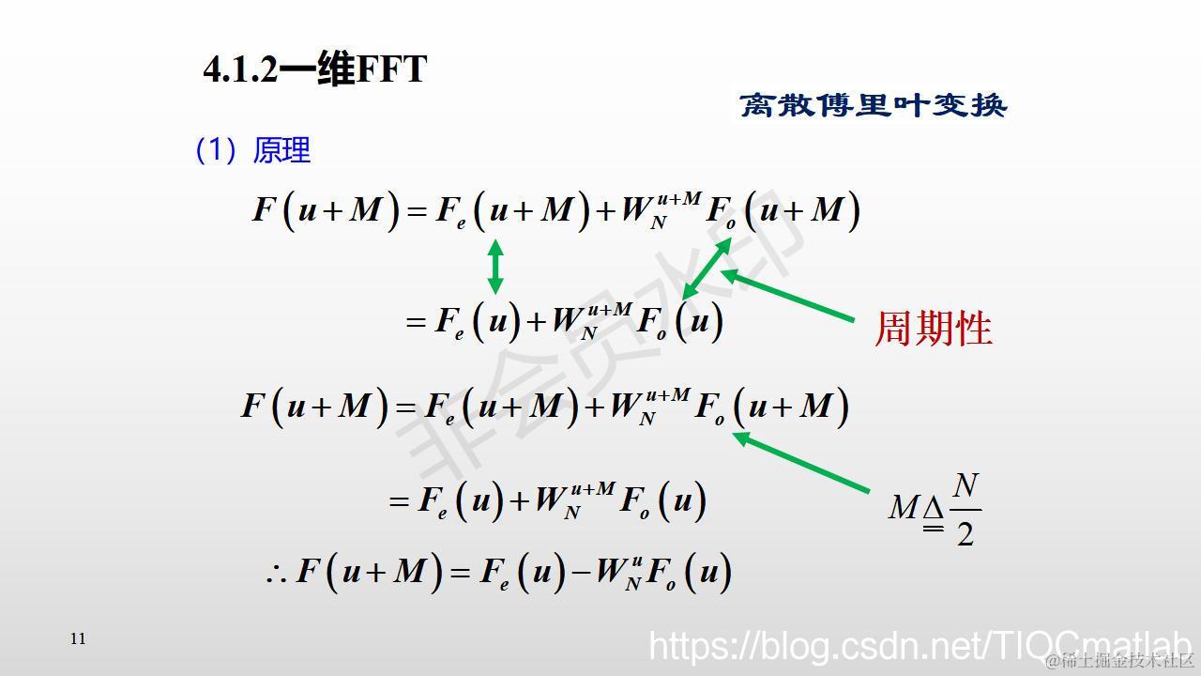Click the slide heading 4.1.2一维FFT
(315, 69)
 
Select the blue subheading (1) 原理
(252, 150)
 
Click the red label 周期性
(934, 329)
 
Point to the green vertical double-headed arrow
(495, 266)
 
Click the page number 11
(78, 638)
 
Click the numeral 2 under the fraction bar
(965, 533)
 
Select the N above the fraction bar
(965, 487)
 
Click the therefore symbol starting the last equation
(276, 574)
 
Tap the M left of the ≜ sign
(903, 508)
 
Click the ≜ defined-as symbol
(933, 513)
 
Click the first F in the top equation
(264, 208)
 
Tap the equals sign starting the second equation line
(416, 322)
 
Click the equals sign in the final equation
(460, 572)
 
